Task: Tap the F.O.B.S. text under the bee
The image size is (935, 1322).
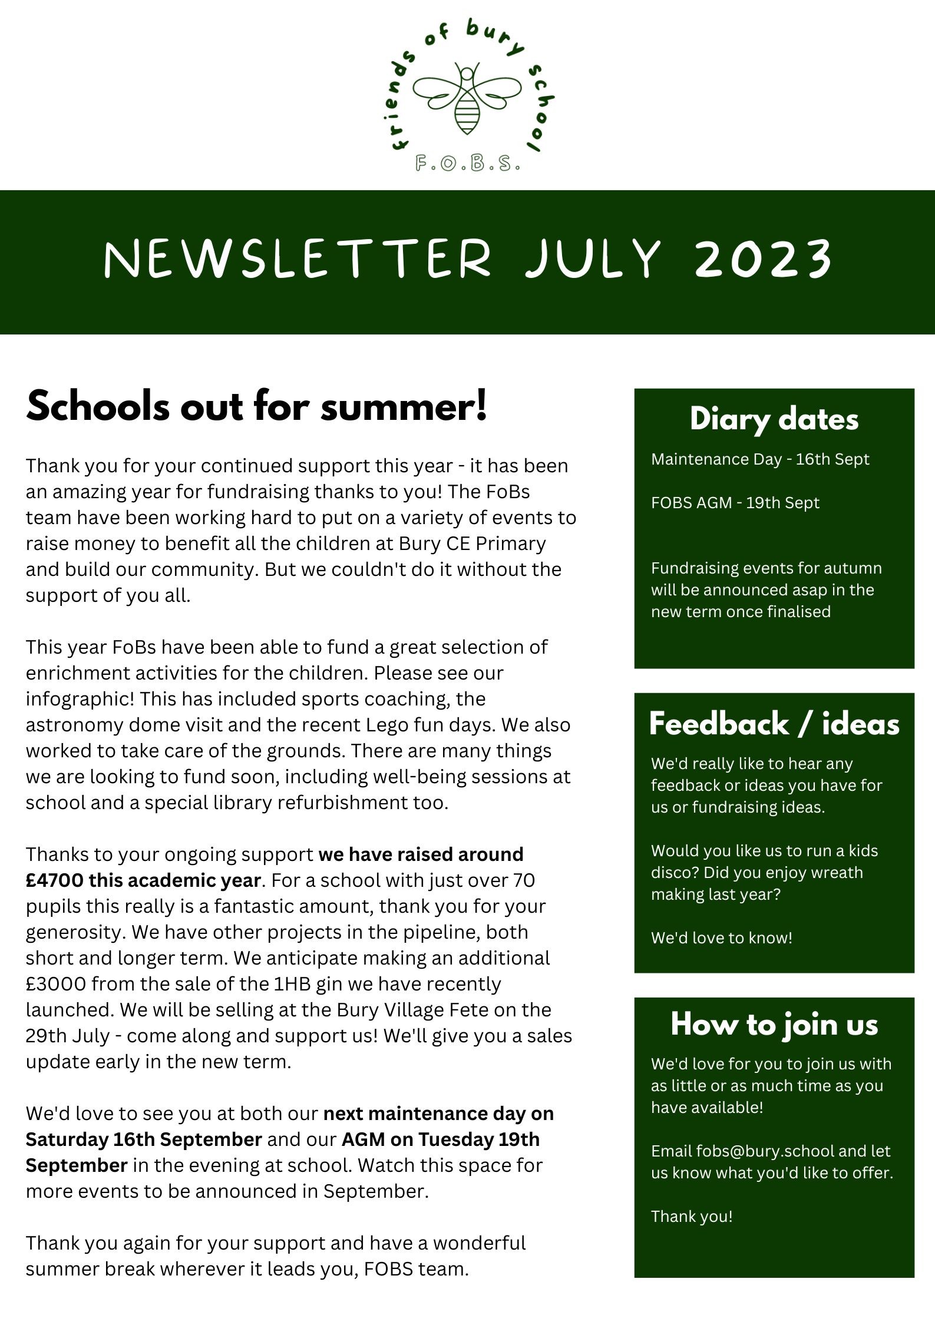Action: tap(467, 163)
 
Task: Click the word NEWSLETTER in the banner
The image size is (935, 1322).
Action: tap(298, 259)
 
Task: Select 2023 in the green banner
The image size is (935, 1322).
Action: tap(764, 259)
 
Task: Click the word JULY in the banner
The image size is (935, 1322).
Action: tap(593, 259)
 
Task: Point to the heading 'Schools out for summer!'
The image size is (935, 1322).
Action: tap(257, 406)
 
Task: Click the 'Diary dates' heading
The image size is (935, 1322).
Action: tap(774, 419)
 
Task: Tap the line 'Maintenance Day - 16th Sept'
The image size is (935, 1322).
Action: tap(760, 459)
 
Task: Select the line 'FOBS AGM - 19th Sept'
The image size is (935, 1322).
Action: tap(735, 503)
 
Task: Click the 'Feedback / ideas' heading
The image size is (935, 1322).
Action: tap(774, 724)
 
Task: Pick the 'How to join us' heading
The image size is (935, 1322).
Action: tap(774, 1024)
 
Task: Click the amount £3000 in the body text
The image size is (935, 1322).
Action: tap(55, 984)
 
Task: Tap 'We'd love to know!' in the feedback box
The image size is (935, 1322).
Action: tap(722, 938)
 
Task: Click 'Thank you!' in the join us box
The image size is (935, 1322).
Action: tap(692, 1217)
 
